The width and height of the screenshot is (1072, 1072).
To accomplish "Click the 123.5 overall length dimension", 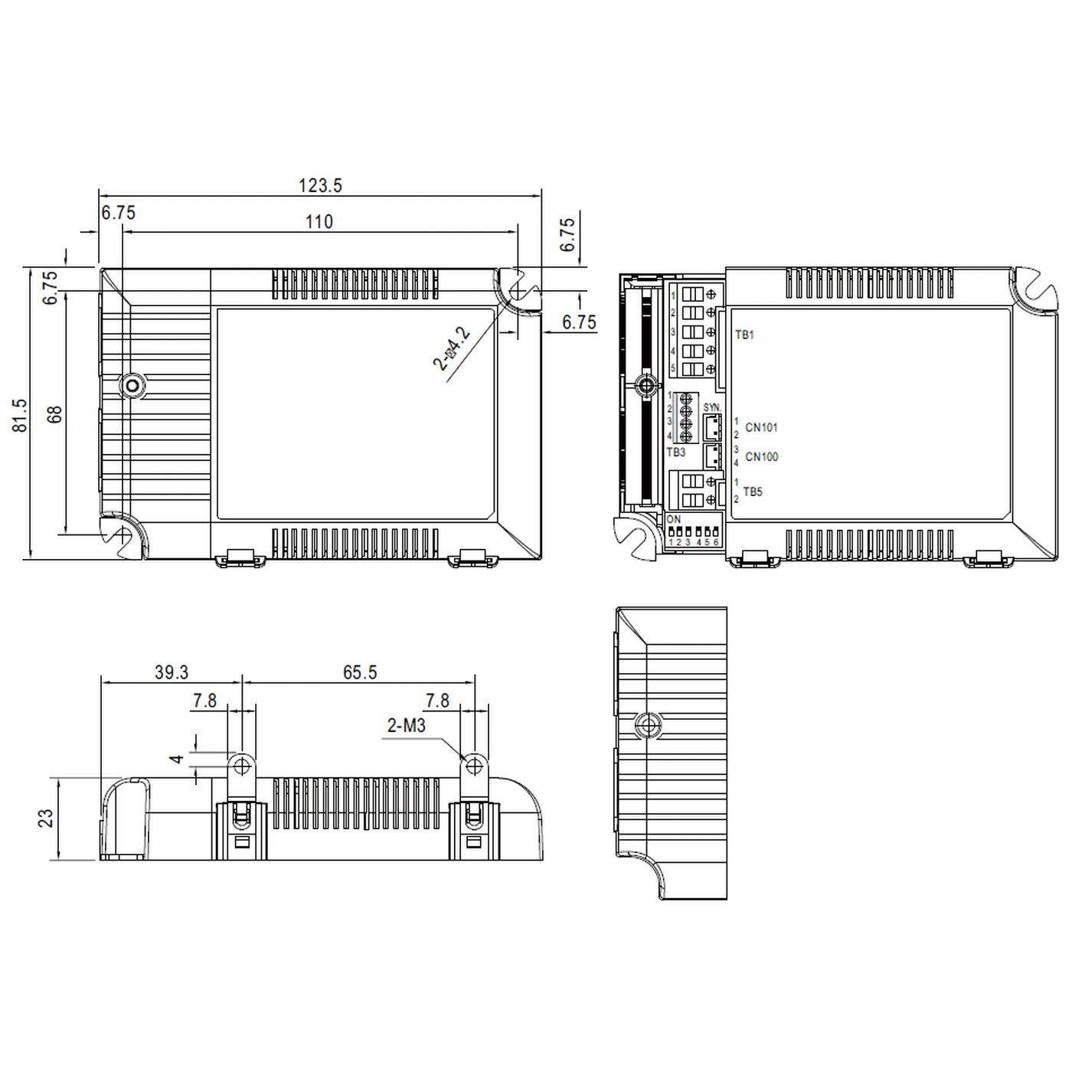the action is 320,185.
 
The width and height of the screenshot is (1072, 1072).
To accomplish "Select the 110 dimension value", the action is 319,221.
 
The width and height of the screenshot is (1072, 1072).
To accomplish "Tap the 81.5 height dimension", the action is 21,414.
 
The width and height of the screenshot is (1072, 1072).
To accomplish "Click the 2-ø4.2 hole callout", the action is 452,348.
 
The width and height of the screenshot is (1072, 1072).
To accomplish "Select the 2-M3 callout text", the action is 406,725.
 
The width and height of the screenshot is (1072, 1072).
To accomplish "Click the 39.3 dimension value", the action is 172,672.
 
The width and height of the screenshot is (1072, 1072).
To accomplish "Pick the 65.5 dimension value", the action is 360,672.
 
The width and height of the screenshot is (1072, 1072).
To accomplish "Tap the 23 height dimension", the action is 47,818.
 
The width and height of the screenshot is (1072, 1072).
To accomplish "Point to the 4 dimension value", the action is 177,758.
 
